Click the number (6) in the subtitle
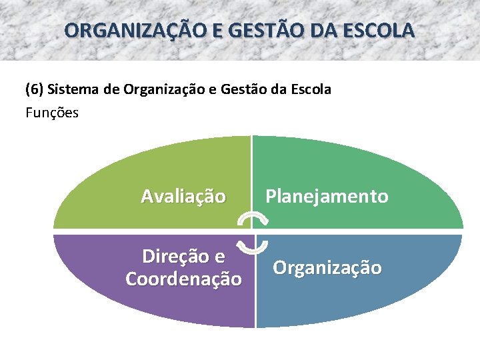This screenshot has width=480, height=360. point(35,89)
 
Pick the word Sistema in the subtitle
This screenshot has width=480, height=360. point(75,89)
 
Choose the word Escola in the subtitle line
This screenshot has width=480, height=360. point(311,89)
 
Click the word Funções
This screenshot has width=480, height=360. point(52,113)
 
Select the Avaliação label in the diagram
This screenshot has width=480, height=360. point(183,197)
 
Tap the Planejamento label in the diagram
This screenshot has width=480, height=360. point(327,197)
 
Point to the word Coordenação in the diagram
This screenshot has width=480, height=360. point(183,279)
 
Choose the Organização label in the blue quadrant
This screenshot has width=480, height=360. point(327,268)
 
